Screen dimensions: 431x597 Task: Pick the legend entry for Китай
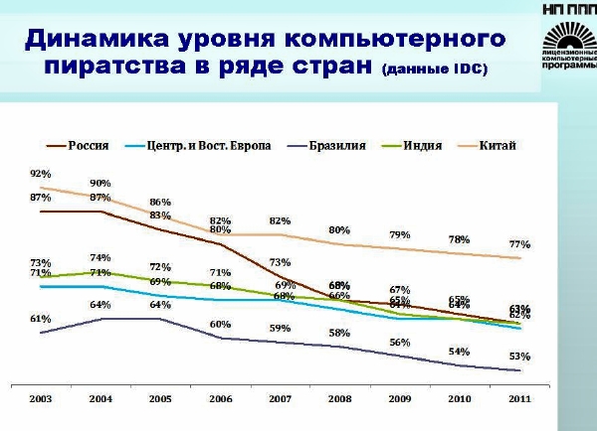click(497, 146)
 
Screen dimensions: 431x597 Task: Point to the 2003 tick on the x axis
click(41, 398)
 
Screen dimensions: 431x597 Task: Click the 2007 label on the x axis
click(281, 398)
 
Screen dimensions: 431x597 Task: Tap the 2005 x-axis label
click(160, 398)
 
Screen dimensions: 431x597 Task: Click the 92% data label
click(41, 173)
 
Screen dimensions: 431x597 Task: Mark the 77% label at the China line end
click(519, 243)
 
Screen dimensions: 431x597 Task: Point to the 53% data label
click(519, 356)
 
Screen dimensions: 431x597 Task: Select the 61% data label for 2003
click(41, 319)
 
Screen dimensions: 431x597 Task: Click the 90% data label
click(100, 183)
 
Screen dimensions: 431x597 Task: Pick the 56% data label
click(400, 342)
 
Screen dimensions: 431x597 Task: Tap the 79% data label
click(400, 234)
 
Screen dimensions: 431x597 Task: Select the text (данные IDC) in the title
click(434, 72)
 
